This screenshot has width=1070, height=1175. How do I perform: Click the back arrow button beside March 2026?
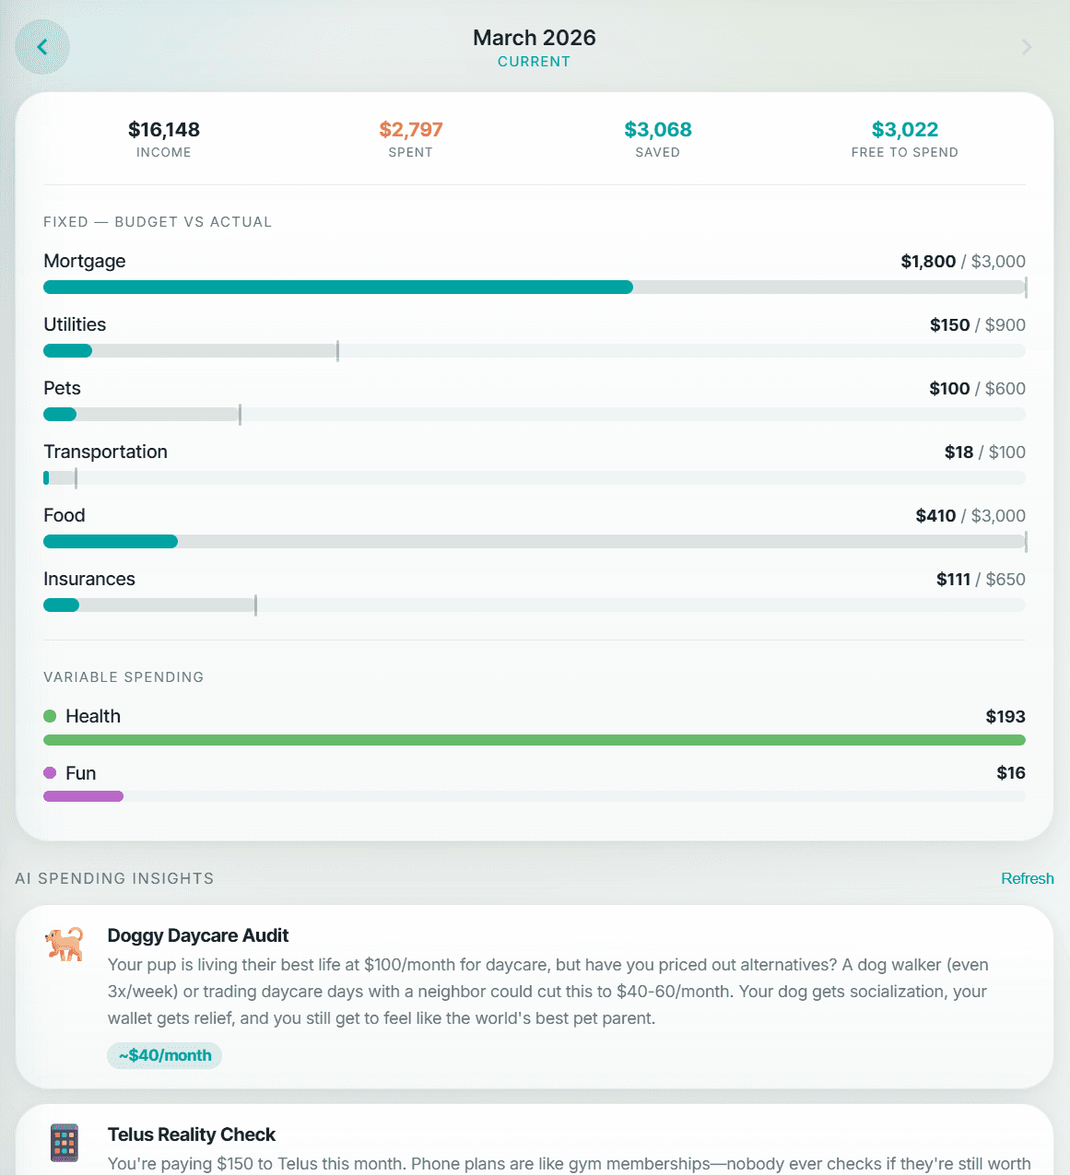click(x=42, y=47)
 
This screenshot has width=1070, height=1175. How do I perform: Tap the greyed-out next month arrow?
click(x=1027, y=47)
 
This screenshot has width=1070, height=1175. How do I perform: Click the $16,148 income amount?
click(x=164, y=130)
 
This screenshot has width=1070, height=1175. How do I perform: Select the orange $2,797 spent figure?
click(x=411, y=130)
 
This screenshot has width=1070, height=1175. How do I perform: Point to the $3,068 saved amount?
click(x=658, y=130)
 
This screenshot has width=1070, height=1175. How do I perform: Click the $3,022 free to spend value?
click(x=905, y=130)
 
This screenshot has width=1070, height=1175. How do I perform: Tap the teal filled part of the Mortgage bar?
click(x=337, y=288)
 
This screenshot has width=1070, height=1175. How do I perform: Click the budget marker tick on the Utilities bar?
click(x=338, y=351)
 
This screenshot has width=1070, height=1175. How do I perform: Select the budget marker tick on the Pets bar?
click(x=240, y=415)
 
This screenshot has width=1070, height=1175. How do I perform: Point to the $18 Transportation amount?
click(x=958, y=452)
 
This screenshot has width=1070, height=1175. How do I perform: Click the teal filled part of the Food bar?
click(x=111, y=542)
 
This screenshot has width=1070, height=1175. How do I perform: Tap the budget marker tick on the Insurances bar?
click(x=255, y=605)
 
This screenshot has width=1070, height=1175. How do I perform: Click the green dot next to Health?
click(x=50, y=716)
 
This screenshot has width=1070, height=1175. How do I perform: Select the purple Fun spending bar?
click(x=83, y=796)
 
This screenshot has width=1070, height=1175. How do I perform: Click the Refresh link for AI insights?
click(x=1027, y=879)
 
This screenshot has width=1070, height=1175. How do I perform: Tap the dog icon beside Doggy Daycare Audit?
click(x=65, y=944)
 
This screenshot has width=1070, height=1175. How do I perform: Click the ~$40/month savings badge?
click(x=165, y=1056)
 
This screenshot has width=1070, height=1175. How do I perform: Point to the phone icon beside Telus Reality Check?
click(x=65, y=1143)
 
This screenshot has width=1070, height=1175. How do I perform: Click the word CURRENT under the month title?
click(x=534, y=62)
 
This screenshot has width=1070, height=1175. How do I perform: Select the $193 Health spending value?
click(x=1005, y=717)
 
